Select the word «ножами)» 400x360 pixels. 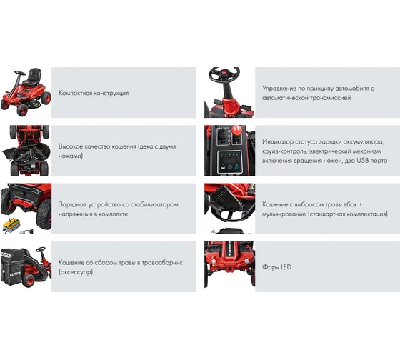(71, 156)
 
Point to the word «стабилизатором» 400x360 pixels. (154, 204)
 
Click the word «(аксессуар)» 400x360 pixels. (76, 272)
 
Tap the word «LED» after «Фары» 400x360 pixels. (286, 267)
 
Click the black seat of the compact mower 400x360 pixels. (33, 77)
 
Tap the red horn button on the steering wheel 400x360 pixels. (225, 71)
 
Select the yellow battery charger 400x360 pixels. (11, 226)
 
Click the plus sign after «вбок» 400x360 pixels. (360, 204)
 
